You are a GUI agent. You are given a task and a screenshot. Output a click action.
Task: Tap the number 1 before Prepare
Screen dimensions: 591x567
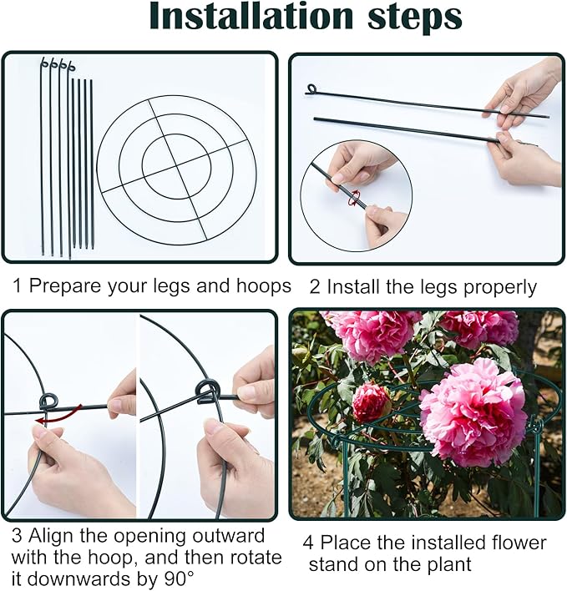point(17,286)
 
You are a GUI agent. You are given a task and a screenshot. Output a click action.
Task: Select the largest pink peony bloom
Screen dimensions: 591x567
point(473,413)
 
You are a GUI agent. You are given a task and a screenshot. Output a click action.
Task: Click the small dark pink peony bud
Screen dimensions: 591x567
point(371,402)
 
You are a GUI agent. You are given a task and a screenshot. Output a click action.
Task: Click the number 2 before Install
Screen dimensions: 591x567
point(315,287)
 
